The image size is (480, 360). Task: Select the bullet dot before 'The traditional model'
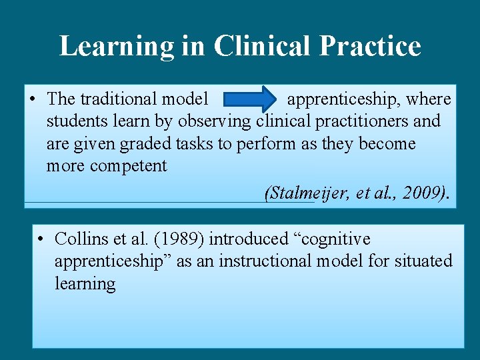pos(33,99)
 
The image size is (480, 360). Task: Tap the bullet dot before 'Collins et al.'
pos(41,239)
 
